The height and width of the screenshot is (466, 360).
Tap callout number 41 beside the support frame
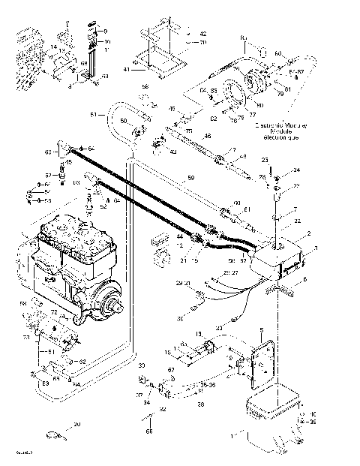tap(127, 70)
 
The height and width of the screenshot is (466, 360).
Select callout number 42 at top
tap(202, 35)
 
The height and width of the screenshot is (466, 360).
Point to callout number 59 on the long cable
tap(191, 178)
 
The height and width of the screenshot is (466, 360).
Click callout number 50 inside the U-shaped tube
tap(124, 121)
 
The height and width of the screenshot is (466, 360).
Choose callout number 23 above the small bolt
tap(265, 161)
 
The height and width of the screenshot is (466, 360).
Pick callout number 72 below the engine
tap(53, 311)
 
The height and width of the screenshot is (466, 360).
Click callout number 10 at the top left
tap(107, 41)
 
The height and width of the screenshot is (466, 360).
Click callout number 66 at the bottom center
tap(149, 432)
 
